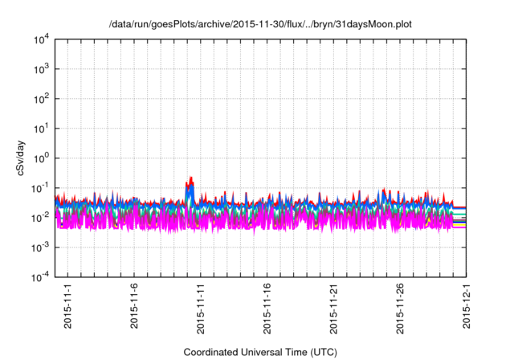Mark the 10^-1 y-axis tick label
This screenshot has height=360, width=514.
click(x=40, y=187)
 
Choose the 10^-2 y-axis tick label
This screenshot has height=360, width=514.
click(x=40, y=217)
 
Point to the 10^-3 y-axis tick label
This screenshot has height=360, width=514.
click(x=40, y=247)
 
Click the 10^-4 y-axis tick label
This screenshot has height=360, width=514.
click(x=40, y=276)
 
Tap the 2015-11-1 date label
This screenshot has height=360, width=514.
click(x=67, y=308)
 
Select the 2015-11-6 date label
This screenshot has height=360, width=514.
click(x=134, y=308)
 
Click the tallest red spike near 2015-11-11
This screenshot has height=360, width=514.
click(x=191, y=178)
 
